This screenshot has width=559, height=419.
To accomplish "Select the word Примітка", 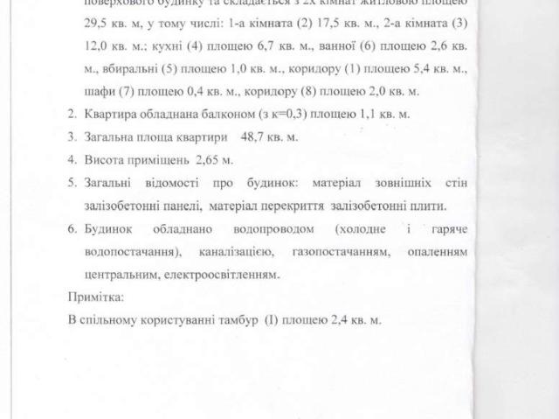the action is click(96, 297).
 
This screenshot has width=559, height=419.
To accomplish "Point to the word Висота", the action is click(105, 160).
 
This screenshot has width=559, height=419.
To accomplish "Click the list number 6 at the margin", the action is click(72, 229).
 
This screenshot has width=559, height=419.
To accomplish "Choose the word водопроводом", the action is click(266, 229).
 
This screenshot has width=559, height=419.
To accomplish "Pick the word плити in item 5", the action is click(429, 206).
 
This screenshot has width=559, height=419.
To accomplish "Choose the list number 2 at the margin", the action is click(72, 115).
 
